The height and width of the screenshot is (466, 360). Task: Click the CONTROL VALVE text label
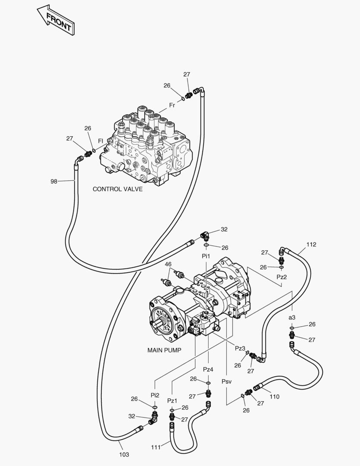(117, 189)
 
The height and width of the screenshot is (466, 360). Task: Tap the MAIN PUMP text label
(164, 350)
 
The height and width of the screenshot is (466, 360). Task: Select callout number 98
(54, 182)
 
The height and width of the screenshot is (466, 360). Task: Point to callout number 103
(124, 454)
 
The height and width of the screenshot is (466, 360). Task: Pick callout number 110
(274, 397)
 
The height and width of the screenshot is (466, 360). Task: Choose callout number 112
(311, 245)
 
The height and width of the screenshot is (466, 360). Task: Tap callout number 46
(168, 264)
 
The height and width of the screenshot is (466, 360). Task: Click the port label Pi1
(206, 256)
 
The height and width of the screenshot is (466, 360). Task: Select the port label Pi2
(155, 395)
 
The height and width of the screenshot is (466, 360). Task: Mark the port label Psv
(227, 381)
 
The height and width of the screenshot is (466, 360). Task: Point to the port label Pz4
(208, 369)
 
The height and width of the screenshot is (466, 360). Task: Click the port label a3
(292, 318)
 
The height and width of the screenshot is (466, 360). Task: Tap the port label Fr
(172, 105)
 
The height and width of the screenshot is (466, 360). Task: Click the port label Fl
(100, 141)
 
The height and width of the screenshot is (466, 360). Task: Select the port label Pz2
(282, 277)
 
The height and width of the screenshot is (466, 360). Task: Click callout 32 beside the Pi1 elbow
(224, 230)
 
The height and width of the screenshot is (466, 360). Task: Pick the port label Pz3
(240, 348)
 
